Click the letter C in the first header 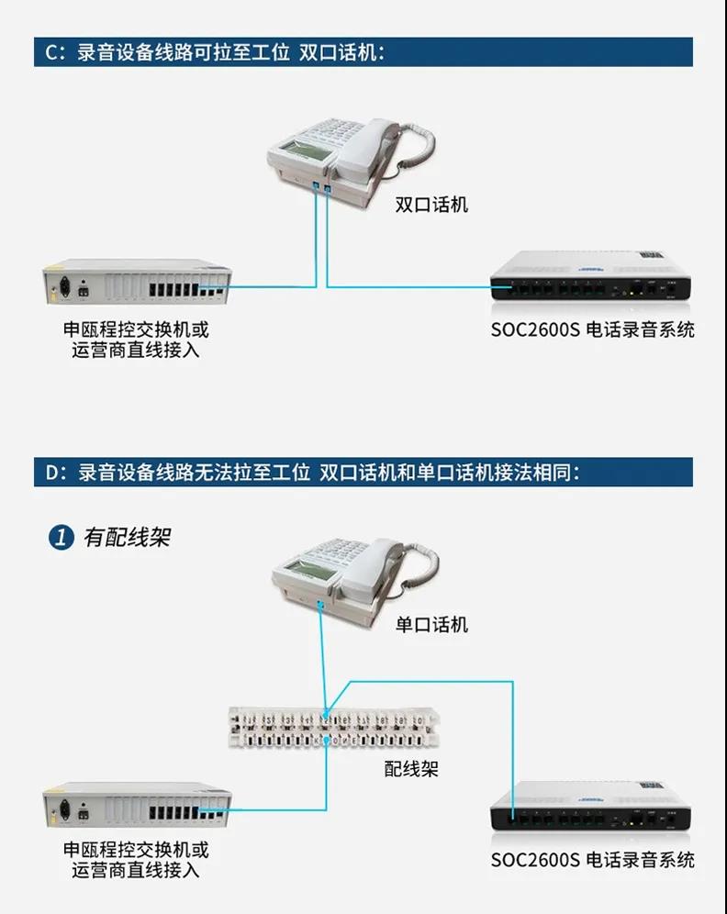[50, 52]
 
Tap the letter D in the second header [51, 473]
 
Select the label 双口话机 [431, 205]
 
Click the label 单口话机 [431, 625]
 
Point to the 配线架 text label [411, 768]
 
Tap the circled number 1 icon [60, 538]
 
